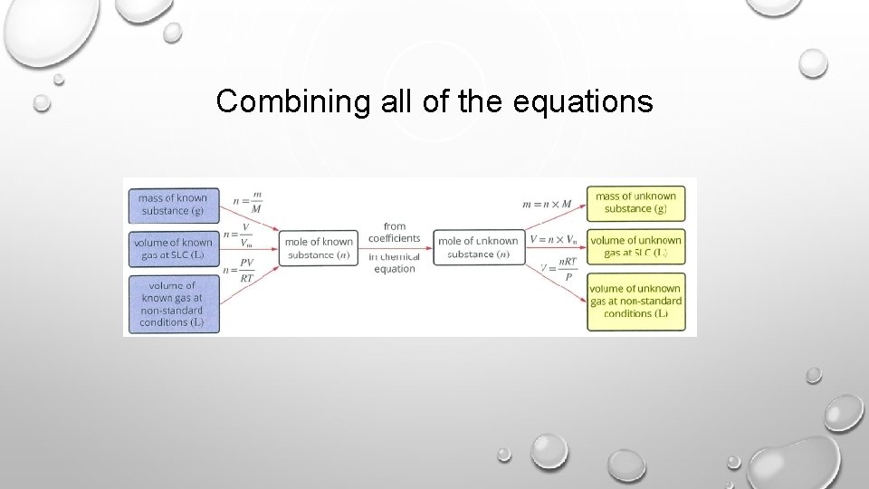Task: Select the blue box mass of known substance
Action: click(173, 205)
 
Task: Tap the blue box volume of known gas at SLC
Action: click(173, 248)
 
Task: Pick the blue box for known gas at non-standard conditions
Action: click(173, 303)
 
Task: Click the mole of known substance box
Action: click(319, 248)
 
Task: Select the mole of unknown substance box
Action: click(477, 248)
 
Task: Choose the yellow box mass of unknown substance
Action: click(635, 203)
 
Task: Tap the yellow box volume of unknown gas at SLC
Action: click(635, 246)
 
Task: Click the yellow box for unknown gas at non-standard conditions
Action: click(635, 301)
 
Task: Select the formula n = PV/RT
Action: click(239, 271)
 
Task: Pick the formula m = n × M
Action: click(549, 204)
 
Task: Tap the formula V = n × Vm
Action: click(553, 240)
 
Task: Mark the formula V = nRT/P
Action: click(559, 268)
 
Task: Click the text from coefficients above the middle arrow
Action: click(395, 233)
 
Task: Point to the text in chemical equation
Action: click(395, 263)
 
